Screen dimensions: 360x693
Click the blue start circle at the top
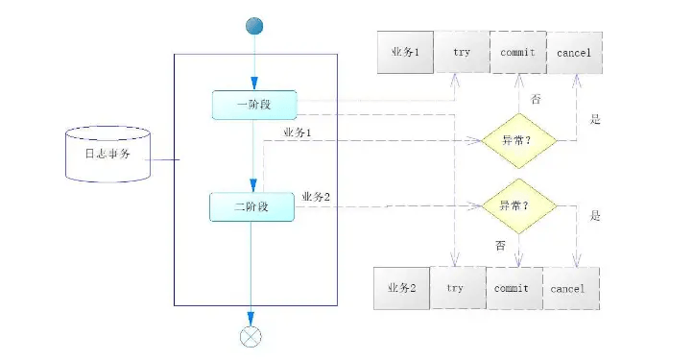click(252, 27)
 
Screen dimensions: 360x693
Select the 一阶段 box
click(253, 105)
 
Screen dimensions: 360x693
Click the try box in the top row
click(461, 53)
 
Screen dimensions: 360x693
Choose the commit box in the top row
click(517, 53)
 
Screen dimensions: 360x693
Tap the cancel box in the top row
click(574, 53)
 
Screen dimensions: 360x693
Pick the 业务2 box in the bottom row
click(401, 287)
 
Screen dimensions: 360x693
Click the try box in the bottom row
click(456, 287)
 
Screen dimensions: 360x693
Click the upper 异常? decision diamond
click(517, 140)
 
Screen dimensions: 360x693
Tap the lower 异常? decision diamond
click(517, 204)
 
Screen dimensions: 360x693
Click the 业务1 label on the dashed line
click(297, 131)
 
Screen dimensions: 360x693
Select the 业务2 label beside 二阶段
click(316, 197)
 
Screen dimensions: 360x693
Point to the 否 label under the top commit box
click(536, 99)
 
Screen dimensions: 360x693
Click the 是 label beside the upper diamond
click(595, 120)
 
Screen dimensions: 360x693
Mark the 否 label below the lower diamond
click(501, 246)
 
